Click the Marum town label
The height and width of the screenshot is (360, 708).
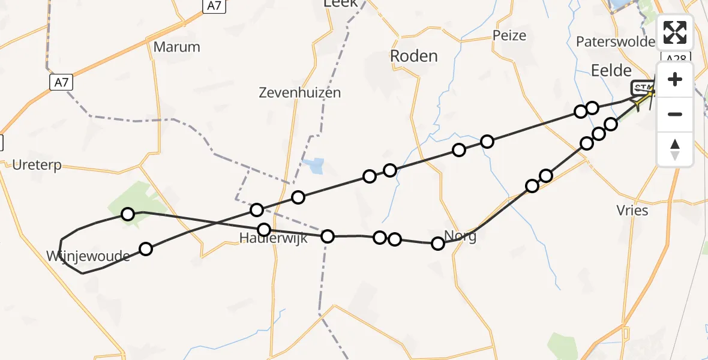(176, 47)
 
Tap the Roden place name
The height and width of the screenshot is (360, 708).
(413, 56)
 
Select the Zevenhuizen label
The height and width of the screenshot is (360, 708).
(300, 92)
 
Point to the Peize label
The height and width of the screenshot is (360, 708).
(509, 35)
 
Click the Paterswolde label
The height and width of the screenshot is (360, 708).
(615, 41)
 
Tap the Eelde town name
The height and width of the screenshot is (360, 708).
(611, 70)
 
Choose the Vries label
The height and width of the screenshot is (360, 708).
(632, 210)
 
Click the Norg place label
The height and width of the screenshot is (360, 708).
(461, 235)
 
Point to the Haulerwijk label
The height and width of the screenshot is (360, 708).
(273, 238)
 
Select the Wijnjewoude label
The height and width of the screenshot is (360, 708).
(88, 257)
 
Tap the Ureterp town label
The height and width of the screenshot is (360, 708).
(37, 165)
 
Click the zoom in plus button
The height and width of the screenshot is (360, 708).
(675, 80)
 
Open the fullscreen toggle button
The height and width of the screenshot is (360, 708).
(675, 32)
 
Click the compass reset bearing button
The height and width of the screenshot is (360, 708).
(675, 148)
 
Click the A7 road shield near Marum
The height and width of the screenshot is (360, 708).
(61, 82)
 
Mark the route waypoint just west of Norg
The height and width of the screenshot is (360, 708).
(438, 243)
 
